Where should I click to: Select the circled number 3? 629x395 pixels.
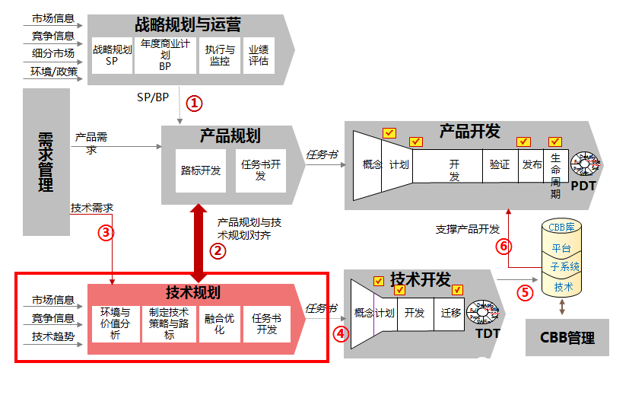106,234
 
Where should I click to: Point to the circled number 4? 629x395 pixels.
342,332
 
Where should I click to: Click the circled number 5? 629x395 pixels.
524,291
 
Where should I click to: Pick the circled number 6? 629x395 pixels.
502,246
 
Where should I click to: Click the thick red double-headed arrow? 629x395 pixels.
199,243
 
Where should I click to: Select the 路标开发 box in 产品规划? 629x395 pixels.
201,170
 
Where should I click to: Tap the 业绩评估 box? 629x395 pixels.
259,56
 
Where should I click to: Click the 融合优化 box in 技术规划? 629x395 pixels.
220,324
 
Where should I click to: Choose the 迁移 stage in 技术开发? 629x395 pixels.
451,313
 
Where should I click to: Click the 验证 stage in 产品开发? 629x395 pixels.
500,164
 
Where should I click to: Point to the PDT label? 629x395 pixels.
583,186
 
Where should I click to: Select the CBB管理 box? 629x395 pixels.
567,337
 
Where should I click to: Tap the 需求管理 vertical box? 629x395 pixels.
46,162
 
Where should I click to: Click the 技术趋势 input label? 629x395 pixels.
53,336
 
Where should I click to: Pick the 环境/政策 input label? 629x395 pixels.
54,72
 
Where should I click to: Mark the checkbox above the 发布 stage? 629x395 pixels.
523,142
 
